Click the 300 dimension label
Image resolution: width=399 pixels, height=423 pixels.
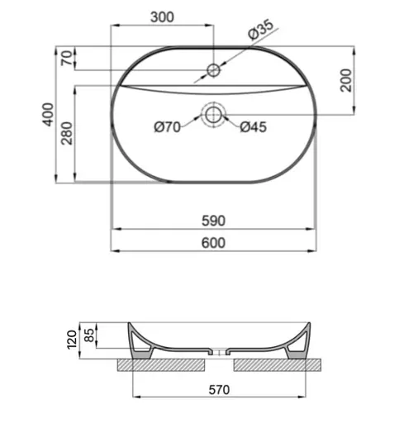pyautogui.click(x=161, y=16)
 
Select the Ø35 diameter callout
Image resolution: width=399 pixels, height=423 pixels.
pyautogui.click(x=261, y=30)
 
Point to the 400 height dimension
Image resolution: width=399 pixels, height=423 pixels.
pyautogui.click(x=48, y=114)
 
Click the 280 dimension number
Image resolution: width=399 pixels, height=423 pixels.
pyautogui.click(x=66, y=133)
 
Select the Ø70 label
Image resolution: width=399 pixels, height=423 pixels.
pyautogui.click(x=169, y=126)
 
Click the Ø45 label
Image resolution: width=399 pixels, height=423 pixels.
pyautogui.click(x=253, y=126)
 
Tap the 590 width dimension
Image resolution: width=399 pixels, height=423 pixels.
pyautogui.click(x=213, y=221)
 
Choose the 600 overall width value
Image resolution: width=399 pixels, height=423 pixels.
pyautogui.click(x=213, y=242)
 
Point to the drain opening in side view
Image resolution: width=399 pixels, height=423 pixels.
pyautogui.click(x=218, y=354)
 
